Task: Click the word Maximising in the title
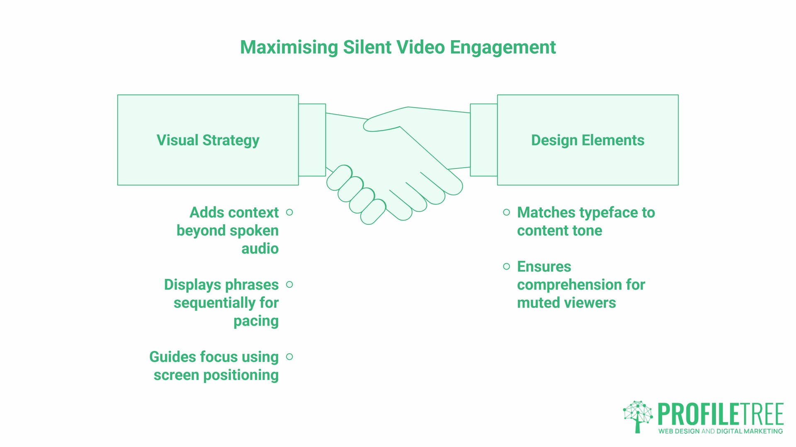[289, 47]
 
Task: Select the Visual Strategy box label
[208, 140]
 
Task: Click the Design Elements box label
[587, 140]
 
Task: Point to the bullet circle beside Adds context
[290, 212]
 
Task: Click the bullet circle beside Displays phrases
[290, 284]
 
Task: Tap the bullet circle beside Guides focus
[290, 357]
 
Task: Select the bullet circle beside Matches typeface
[506, 212]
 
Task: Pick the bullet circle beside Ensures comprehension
[506, 267]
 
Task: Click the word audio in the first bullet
[260, 248]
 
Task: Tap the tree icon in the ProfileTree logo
[638, 416]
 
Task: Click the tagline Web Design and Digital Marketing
[721, 431]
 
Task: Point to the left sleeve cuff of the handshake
[312, 140]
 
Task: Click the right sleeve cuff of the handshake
[484, 140]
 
